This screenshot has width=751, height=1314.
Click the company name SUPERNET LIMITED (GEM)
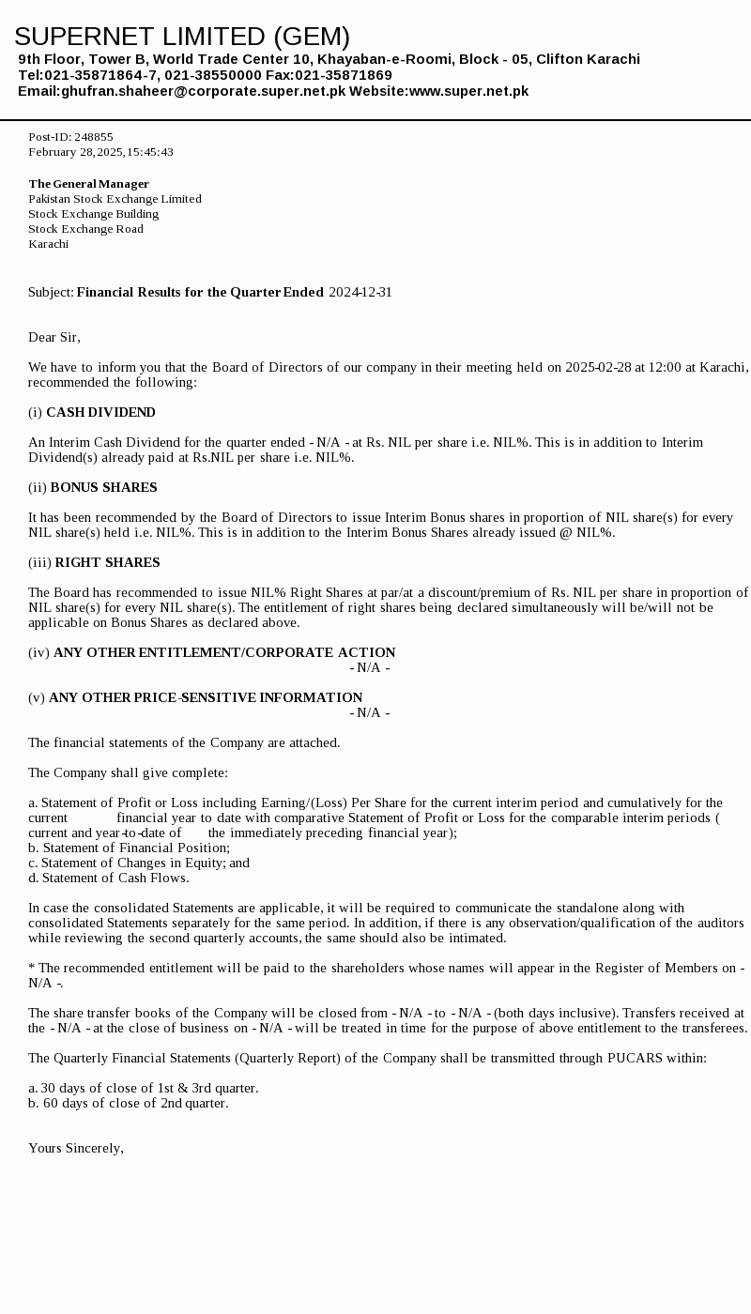pos(182,37)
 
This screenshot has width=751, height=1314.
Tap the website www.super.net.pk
pos(468,91)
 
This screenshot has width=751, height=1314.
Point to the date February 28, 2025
pos(75,152)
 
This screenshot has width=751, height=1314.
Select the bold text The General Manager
pos(88,184)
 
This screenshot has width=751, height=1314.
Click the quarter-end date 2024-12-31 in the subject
pos(360,293)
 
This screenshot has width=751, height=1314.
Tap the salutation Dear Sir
pos(54,338)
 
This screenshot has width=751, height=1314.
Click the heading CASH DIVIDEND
pos(100,413)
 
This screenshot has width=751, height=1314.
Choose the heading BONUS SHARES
pos(103,488)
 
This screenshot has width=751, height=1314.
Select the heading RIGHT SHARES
pos(107,563)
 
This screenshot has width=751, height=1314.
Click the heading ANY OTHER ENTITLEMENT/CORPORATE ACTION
pos(224,653)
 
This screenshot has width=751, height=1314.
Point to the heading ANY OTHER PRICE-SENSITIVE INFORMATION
pos(206,698)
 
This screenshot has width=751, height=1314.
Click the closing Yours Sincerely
pos(75,1149)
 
